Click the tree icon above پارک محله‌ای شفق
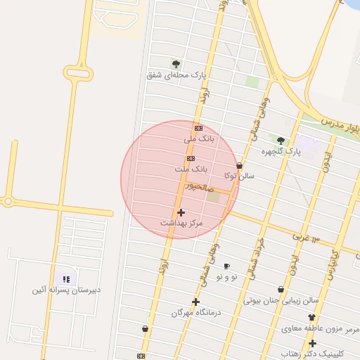click(x=176, y=64)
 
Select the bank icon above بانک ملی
click(x=198, y=128)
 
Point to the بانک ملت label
click(x=191, y=169)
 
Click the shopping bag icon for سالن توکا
click(x=240, y=166)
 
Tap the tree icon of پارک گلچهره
click(x=281, y=141)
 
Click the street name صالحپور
click(x=199, y=188)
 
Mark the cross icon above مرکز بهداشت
click(x=181, y=212)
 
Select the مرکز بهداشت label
click(x=181, y=223)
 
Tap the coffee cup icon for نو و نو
click(x=226, y=266)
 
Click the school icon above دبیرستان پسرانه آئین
click(x=66, y=278)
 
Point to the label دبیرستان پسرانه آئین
click(x=66, y=290)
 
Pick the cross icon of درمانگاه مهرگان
click(x=195, y=302)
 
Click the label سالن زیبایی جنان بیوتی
click(x=281, y=300)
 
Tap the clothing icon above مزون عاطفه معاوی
click(x=311, y=318)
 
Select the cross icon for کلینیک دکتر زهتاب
click(x=312, y=342)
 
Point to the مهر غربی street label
click(x=306, y=238)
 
